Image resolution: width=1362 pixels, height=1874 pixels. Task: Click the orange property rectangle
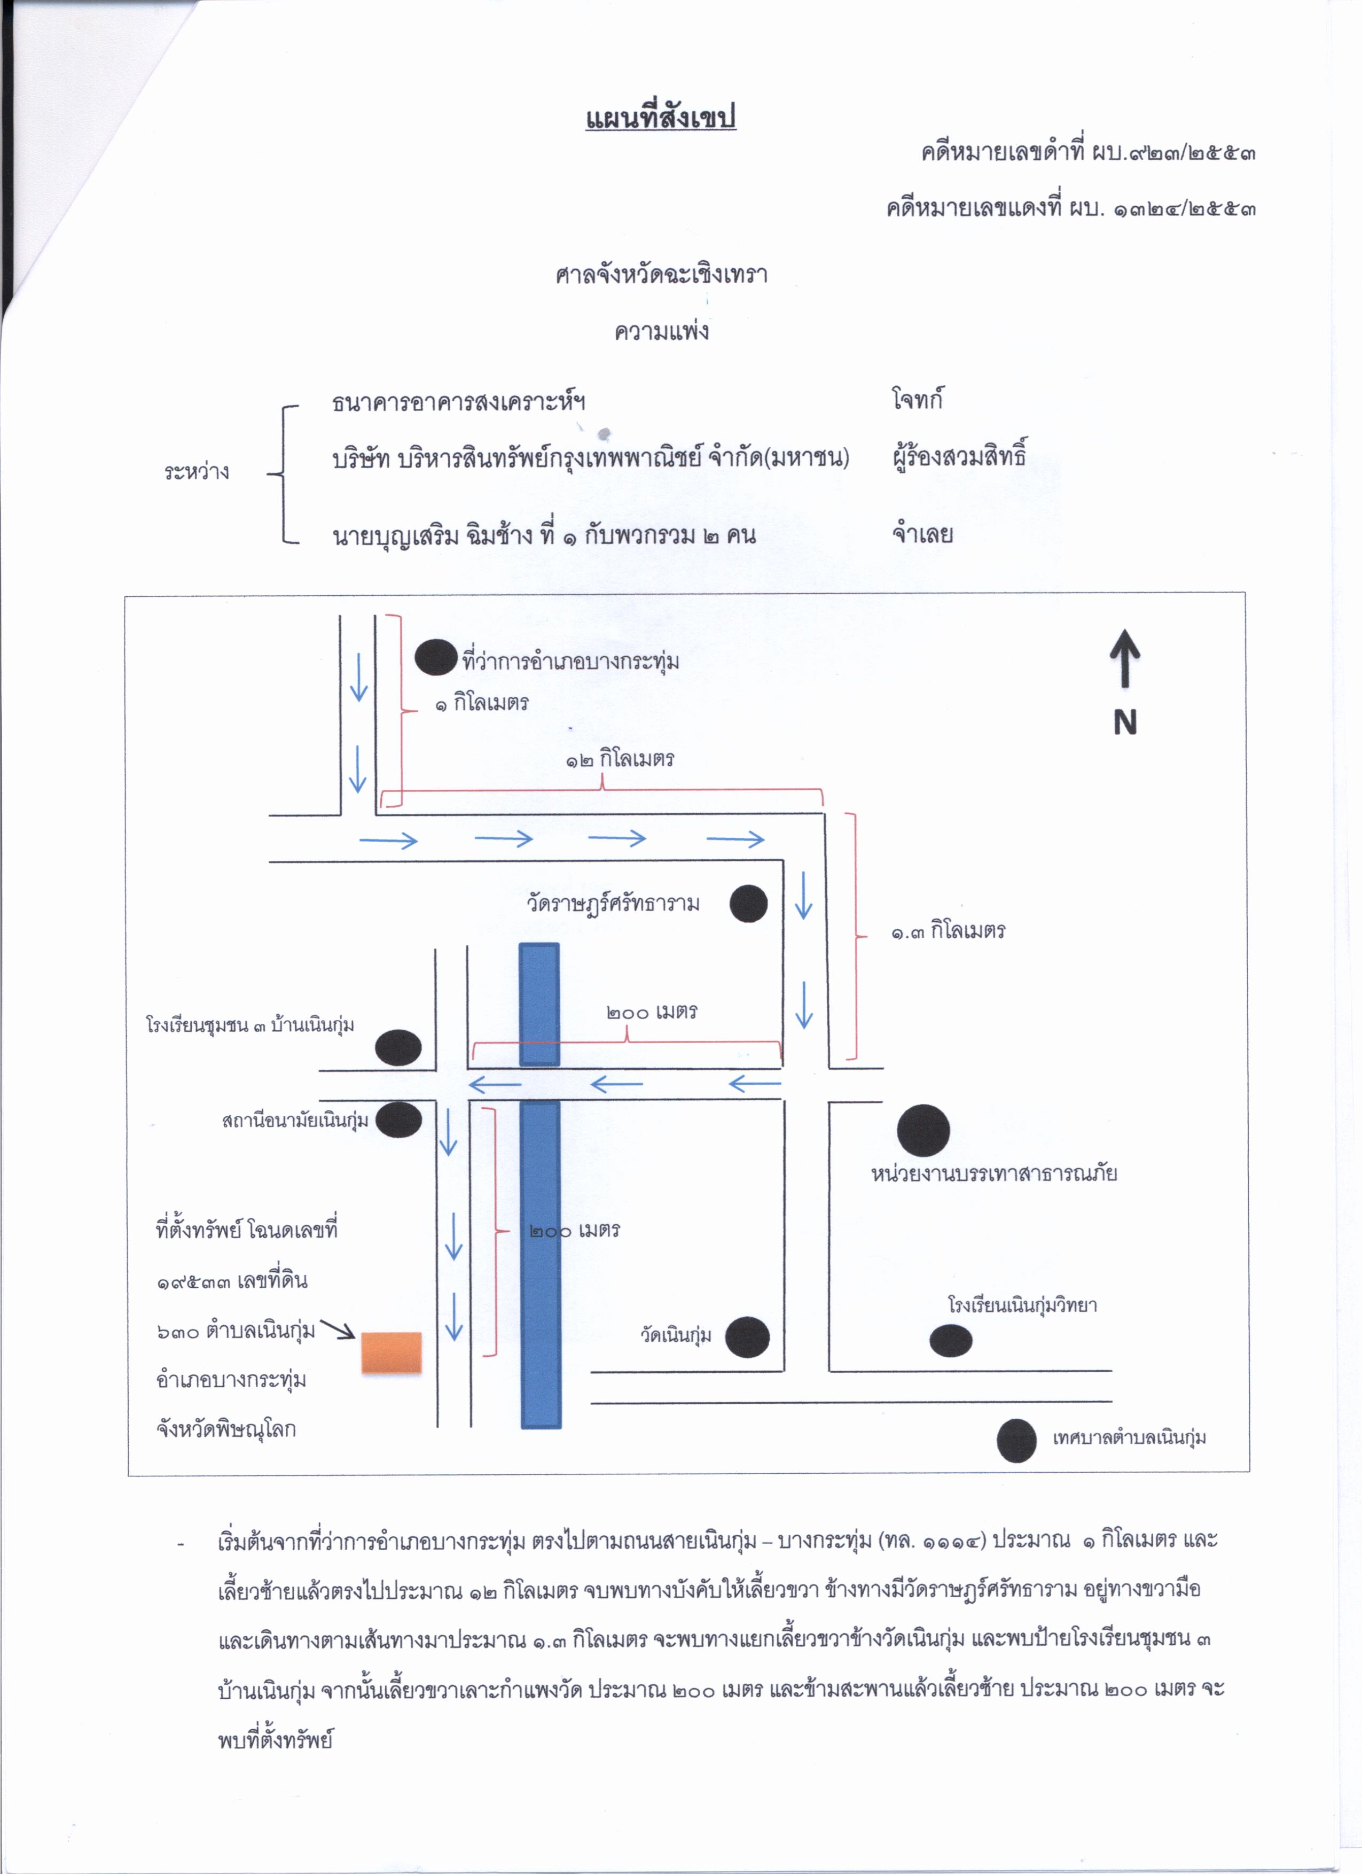[392, 1352]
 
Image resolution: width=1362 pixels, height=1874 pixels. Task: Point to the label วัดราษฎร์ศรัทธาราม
[613, 903]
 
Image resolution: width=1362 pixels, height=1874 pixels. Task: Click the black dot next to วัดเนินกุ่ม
[747, 1337]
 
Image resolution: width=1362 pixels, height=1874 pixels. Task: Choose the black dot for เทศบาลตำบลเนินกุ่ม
[1017, 1440]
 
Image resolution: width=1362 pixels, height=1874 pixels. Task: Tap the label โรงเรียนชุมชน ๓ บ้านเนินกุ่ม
[251, 1025]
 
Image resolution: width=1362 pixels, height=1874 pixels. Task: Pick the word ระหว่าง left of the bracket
[197, 472]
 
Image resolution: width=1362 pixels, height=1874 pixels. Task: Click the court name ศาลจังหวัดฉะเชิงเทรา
[662, 274]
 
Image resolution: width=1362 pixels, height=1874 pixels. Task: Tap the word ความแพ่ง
[662, 331]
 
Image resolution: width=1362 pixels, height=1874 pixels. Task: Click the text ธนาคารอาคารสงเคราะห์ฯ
[459, 402]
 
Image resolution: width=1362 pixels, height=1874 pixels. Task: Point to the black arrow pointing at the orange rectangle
[337, 1328]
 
